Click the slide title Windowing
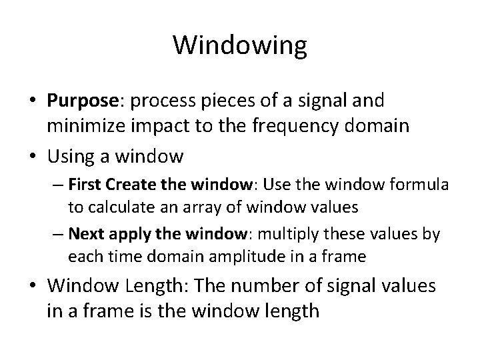[x=240, y=45]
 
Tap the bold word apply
[x=121, y=235]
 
